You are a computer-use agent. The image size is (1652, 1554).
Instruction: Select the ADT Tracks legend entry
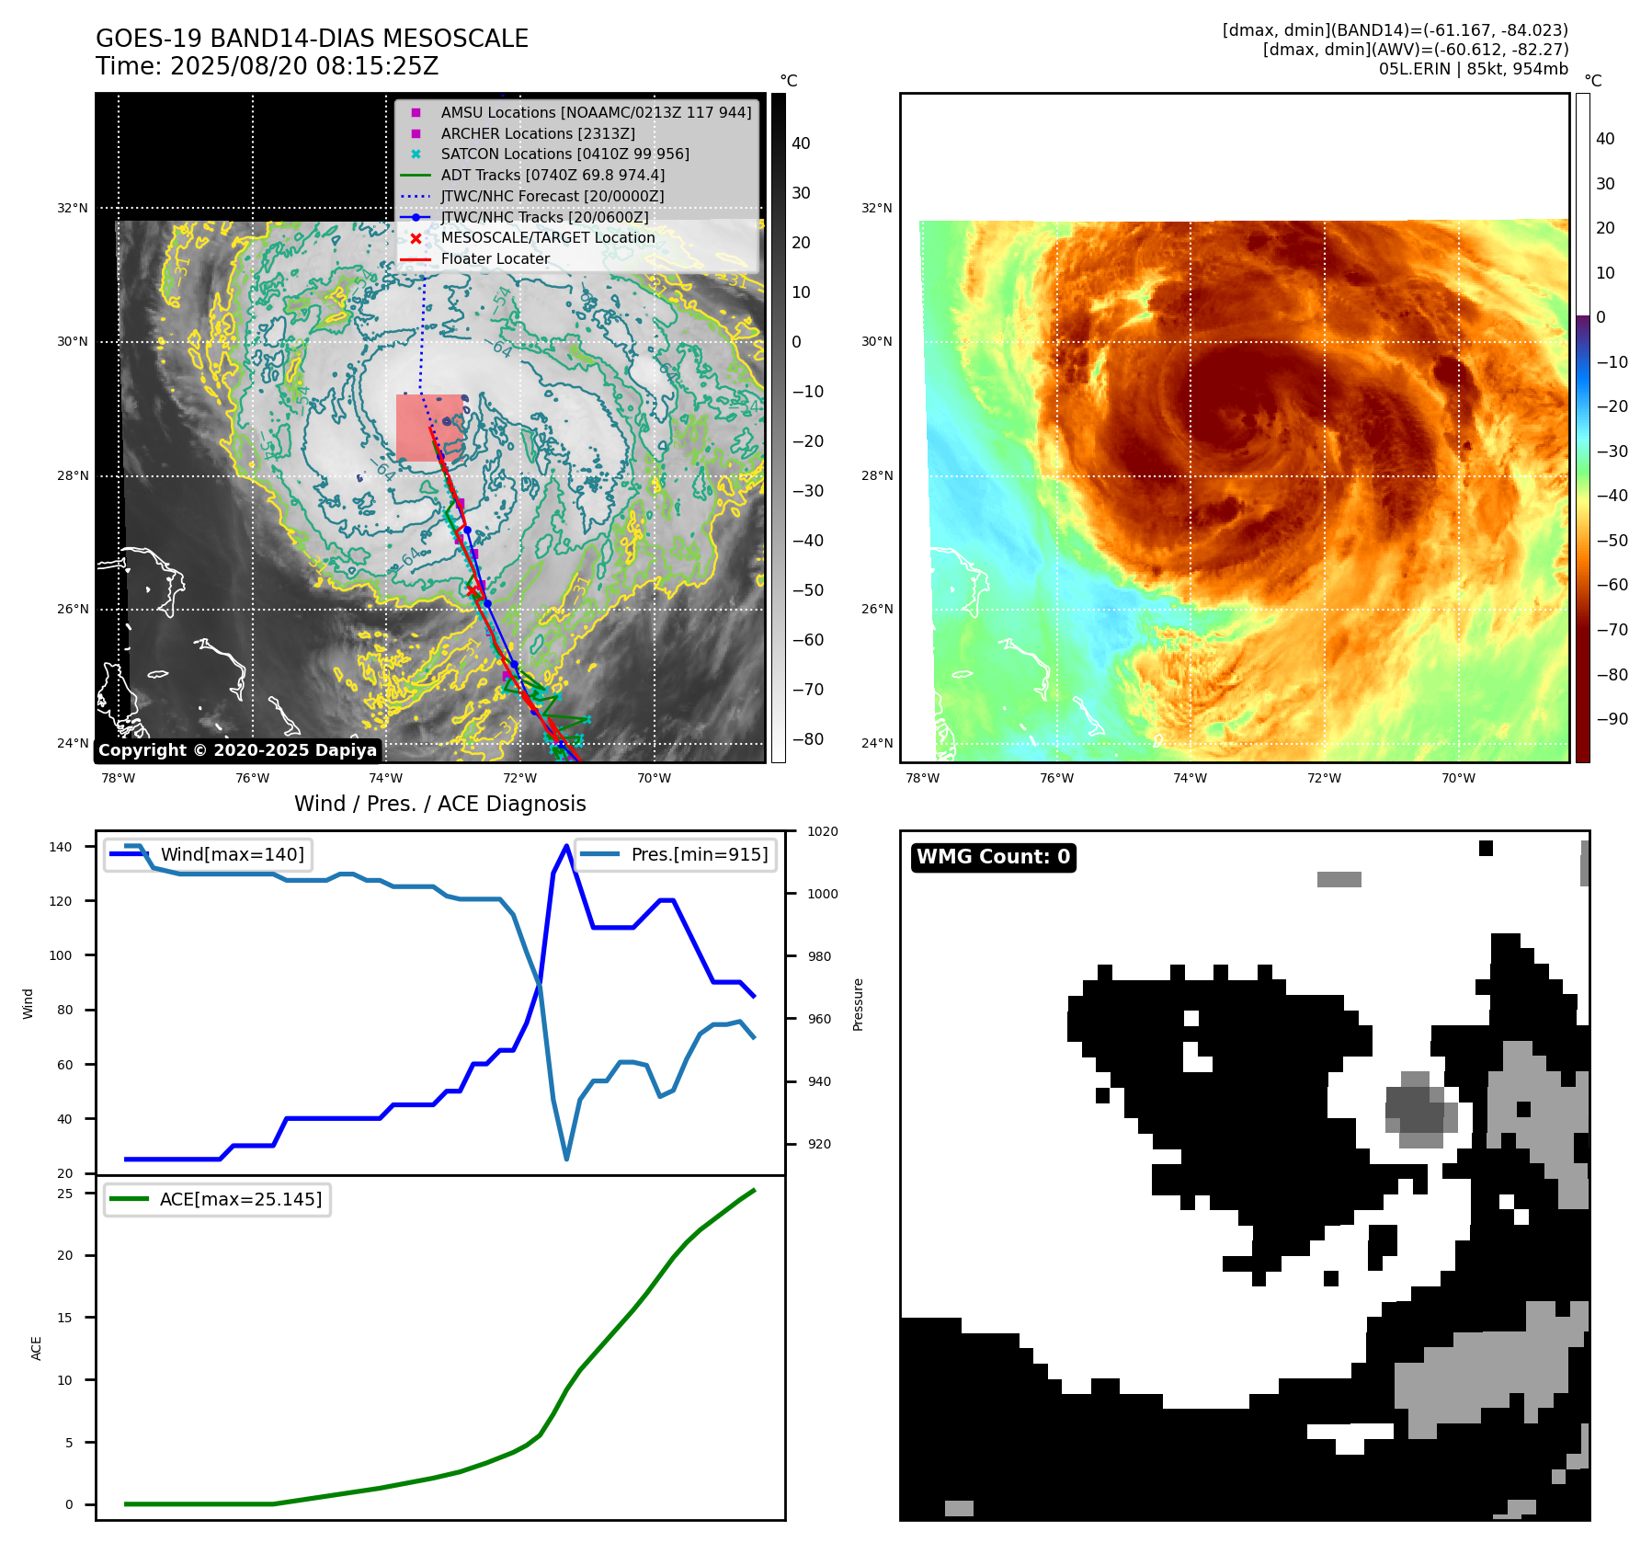(x=552, y=175)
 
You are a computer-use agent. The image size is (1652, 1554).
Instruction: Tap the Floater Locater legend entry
(x=495, y=258)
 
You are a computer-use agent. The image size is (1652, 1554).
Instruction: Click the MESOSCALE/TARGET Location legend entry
(x=547, y=237)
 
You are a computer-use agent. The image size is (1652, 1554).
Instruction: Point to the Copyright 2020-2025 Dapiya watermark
(x=237, y=750)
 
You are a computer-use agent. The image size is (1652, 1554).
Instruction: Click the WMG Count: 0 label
(x=993, y=857)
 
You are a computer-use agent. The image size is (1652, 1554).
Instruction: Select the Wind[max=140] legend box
(x=208, y=854)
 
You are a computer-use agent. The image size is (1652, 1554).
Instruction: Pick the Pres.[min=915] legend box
(x=675, y=854)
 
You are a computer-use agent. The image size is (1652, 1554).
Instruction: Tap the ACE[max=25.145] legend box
(x=217, y=1199)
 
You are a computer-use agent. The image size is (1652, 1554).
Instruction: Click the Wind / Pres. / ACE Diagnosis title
(x=439, y=804)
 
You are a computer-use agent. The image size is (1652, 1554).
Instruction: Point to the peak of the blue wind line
(x=566, y=846)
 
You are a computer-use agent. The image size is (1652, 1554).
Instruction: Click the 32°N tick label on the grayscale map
(x=73, y=208)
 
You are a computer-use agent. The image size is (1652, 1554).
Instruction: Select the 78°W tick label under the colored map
(x=922, y=778)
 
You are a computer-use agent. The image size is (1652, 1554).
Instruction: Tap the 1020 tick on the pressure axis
(x=822, y=831)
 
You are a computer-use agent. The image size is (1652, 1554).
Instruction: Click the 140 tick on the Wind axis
(x=60, y=847)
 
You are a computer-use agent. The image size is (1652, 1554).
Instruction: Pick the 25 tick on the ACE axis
(x=64, y=1194)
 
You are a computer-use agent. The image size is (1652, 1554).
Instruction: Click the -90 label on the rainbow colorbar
(x=1612, y=719)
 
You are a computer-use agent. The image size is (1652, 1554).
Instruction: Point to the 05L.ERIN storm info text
(x=1473, y=69)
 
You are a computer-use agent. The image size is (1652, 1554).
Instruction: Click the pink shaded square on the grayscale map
(x=429, y=428)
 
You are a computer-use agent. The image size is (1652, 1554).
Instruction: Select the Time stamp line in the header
(x=267, y=67)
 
